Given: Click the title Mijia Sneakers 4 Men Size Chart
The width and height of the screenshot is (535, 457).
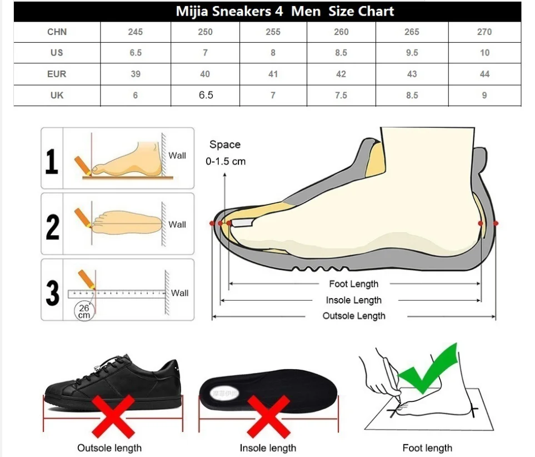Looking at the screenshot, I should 285,12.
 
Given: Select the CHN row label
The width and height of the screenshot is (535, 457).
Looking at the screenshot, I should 57,32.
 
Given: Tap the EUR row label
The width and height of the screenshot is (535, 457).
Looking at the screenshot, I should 57,74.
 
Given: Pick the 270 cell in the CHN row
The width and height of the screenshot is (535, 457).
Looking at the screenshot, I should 484,32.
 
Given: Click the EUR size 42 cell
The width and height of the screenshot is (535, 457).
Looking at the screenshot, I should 341,74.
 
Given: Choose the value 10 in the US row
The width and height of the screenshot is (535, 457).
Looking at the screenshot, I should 484,53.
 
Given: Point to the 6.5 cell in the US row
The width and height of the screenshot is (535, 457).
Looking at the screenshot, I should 135,53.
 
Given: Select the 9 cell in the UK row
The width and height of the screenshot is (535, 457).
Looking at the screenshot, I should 484,96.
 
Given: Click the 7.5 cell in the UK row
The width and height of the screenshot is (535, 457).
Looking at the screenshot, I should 341,96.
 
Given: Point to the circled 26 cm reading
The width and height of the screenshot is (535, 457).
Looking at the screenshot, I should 84,311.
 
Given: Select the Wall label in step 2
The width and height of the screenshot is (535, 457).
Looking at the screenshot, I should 177,225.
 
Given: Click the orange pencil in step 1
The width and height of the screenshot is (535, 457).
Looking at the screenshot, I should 82,164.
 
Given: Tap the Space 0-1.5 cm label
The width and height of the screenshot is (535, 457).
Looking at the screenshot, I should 225,153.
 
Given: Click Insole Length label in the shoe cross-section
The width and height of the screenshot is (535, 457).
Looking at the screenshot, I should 354,300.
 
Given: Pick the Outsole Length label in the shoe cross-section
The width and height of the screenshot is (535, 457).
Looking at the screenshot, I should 354,316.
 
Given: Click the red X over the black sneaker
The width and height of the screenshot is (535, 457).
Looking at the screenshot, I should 112,416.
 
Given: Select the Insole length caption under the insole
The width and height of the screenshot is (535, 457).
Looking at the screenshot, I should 268,448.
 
